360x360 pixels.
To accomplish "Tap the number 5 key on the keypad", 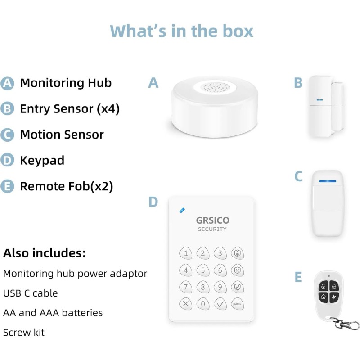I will click(203, 270).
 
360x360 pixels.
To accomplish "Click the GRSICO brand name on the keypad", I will click(212, 220).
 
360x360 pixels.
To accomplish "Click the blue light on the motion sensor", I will click(328, 181).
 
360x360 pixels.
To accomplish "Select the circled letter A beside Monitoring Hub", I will click(7, 83).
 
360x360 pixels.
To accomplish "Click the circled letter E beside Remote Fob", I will click(7, 186).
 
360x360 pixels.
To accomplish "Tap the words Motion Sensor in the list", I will click(62, 135).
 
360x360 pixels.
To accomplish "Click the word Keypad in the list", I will click(42, 160).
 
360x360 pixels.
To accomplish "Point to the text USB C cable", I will click(30, 293).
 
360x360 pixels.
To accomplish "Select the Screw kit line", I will click(23, 333).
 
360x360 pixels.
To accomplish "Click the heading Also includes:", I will click(44, 253).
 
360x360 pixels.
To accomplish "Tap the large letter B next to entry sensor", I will click(298, 83).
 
